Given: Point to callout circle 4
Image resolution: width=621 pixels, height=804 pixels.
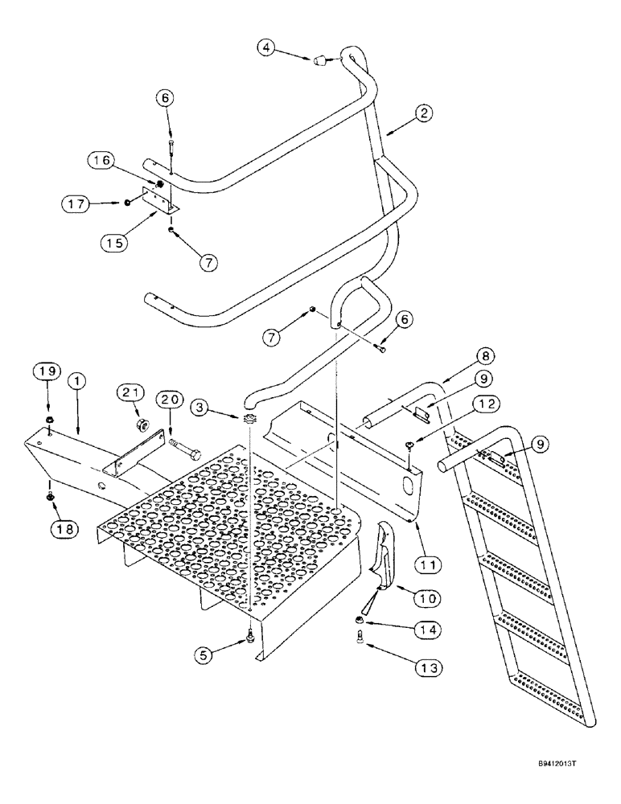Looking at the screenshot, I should click(x=269, y=48).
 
